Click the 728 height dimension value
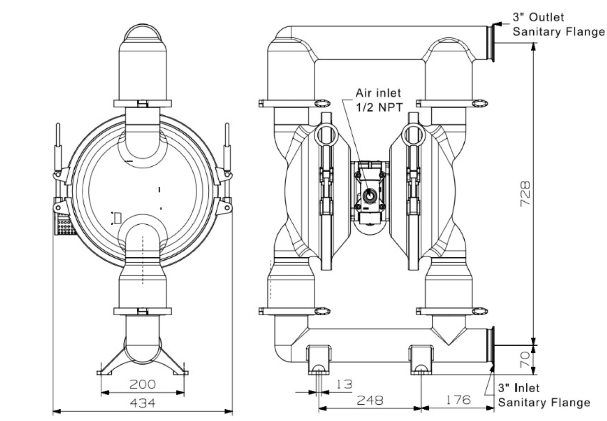click(x=525, y=194)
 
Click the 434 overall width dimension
click(x=143, y=403)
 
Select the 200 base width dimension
click(x=143, y=385)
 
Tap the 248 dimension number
click(x=370, y=400)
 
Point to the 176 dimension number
click(x=458, y=400)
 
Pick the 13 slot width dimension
click(x=344, y=384)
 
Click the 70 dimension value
click(x=525, y=359)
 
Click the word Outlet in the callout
click(x=546, y=18)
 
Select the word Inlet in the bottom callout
click(x=526, y=388)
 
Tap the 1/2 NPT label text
click(x=379, y=108)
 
